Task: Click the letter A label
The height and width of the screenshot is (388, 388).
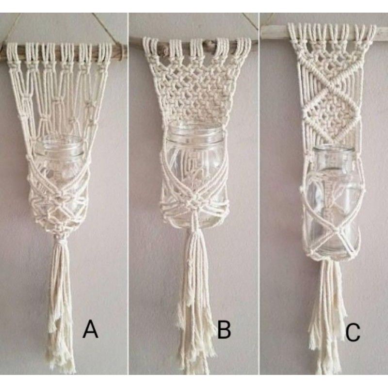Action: click(x=90, y=330)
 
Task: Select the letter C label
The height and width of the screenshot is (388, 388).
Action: click(x=353, y=333)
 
